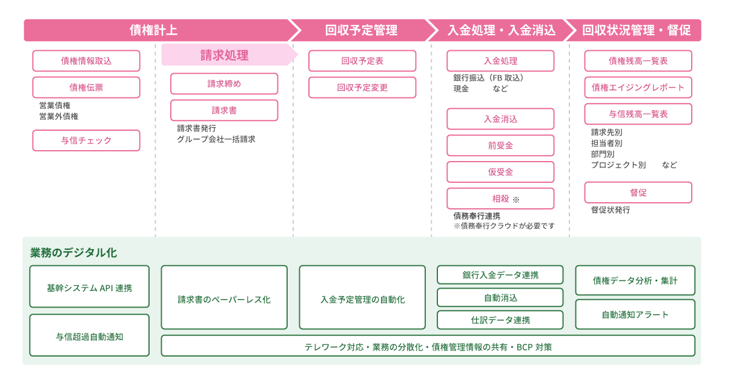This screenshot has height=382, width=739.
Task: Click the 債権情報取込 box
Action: [x=86, y=61]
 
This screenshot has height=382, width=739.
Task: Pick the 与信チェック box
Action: [x=86, y=140]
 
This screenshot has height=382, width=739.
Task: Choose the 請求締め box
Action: [x=224, y=84]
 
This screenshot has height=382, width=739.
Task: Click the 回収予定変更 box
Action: [x=362, y=87]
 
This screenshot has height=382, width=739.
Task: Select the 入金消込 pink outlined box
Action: [x=500, y=119]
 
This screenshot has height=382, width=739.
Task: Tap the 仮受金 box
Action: [x=500, y=172]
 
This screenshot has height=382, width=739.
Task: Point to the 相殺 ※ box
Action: [x=500, y=199]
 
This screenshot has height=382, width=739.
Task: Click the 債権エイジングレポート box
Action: [x=638, y=87]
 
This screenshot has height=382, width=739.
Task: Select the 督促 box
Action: [x=638, y=193]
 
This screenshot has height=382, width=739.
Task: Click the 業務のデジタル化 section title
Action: [x=73, y=252]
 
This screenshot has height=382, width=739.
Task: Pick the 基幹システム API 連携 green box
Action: [x=90, y=286]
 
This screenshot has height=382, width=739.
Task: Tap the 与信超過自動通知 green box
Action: [x=90, y=335]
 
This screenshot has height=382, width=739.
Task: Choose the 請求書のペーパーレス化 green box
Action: [x=224, y=297]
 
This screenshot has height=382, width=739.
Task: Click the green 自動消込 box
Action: [x=500, y=298]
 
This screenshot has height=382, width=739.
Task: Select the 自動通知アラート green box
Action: [x=635, y=314]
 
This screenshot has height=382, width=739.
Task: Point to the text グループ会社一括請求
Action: [x=216, y=139]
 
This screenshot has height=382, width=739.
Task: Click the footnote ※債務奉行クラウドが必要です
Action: [x=504, y=226]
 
